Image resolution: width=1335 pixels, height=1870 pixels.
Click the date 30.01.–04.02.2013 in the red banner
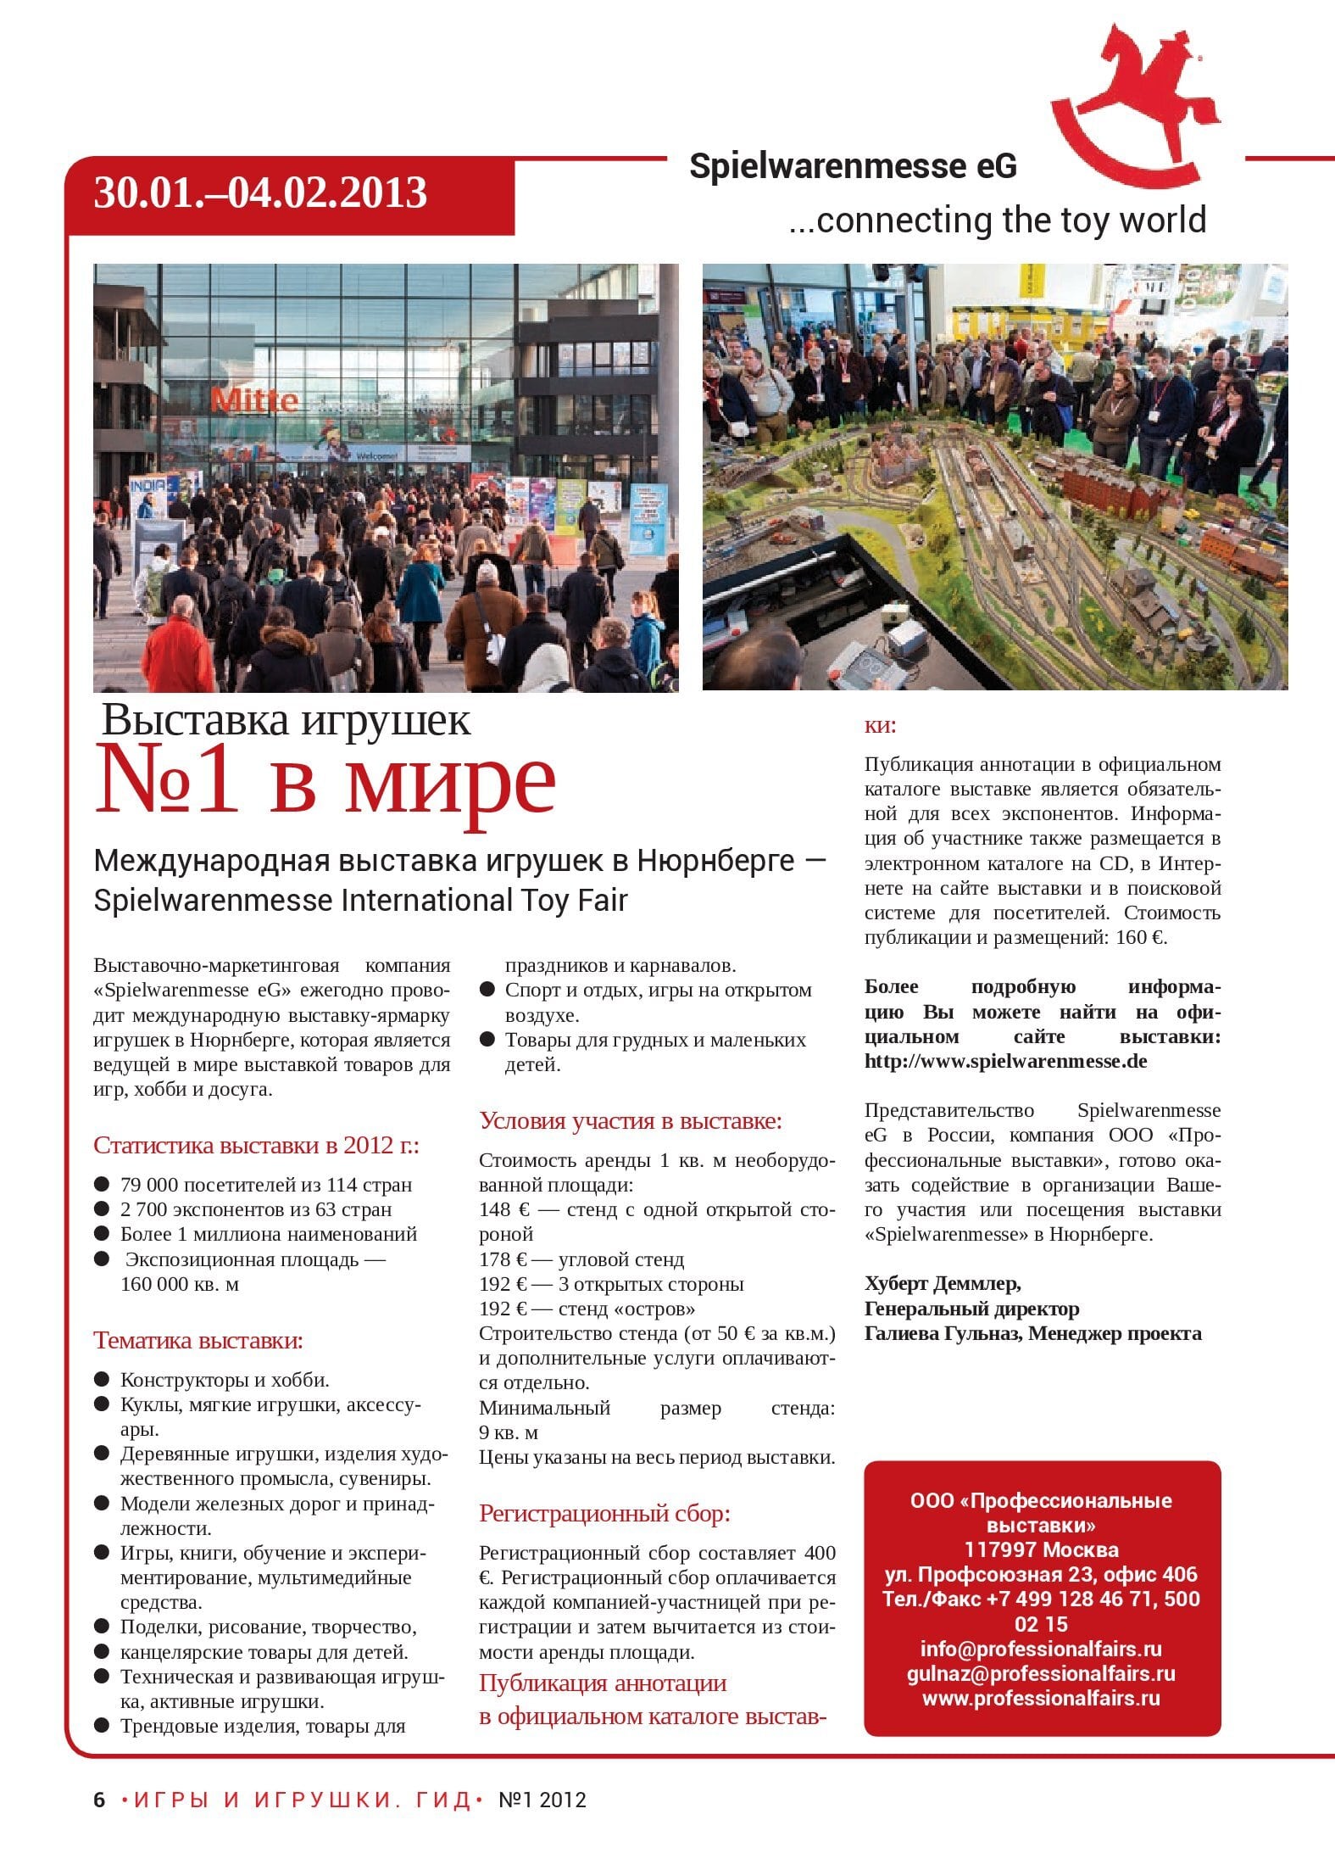tap(260, 193)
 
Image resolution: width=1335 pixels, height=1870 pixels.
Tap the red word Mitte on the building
tap(253, 399)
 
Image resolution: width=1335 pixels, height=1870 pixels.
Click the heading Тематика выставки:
tap(197, 1340)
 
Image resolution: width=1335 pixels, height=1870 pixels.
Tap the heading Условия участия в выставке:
tap(631, 1120)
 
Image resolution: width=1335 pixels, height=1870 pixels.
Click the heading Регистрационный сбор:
tap(604, 1513)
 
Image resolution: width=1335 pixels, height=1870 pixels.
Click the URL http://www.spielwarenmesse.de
tap(1005, 1061)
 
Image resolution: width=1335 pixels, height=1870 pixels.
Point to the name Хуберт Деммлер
tap(942, 1283)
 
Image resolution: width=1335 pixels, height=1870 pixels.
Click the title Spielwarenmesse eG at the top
tap(852, 166)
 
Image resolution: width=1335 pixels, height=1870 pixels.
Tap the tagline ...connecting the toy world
tap(997, 220)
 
